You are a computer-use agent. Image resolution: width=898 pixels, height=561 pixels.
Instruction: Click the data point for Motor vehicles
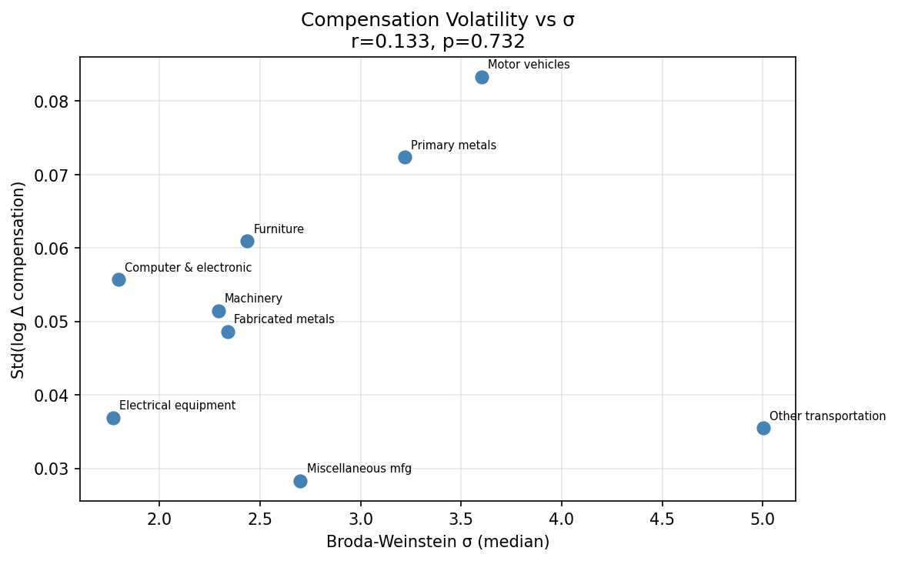[482, 77]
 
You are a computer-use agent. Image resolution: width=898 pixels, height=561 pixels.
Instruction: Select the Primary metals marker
[405, 157]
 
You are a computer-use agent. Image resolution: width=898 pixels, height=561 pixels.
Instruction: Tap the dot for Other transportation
[763, 428]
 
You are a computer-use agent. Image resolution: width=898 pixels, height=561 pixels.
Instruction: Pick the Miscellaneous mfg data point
[300, 481]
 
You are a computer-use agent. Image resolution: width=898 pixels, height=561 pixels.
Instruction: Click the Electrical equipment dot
[113, 418]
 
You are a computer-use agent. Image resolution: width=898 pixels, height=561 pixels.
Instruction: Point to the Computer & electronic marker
[119, 279]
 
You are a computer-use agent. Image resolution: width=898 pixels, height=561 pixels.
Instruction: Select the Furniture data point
[247, 241]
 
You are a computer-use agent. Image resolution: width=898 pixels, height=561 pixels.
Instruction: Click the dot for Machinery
[219, 311]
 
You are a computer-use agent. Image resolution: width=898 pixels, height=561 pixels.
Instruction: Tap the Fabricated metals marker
[228, 332]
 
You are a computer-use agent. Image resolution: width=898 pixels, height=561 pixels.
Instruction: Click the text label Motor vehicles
[529, 65]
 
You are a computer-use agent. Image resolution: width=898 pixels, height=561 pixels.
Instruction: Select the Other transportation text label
[827, 416]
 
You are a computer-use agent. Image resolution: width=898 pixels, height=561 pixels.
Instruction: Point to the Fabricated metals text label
[284, 319]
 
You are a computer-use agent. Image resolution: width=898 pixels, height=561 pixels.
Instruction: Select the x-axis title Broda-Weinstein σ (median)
[437, 542]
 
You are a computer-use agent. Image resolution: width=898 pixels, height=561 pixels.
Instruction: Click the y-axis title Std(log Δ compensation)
[18, 279]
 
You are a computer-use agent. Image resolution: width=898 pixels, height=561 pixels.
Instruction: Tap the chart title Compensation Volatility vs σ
[437, 20]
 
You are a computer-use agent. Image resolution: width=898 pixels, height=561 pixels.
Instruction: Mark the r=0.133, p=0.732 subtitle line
[437, 42]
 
